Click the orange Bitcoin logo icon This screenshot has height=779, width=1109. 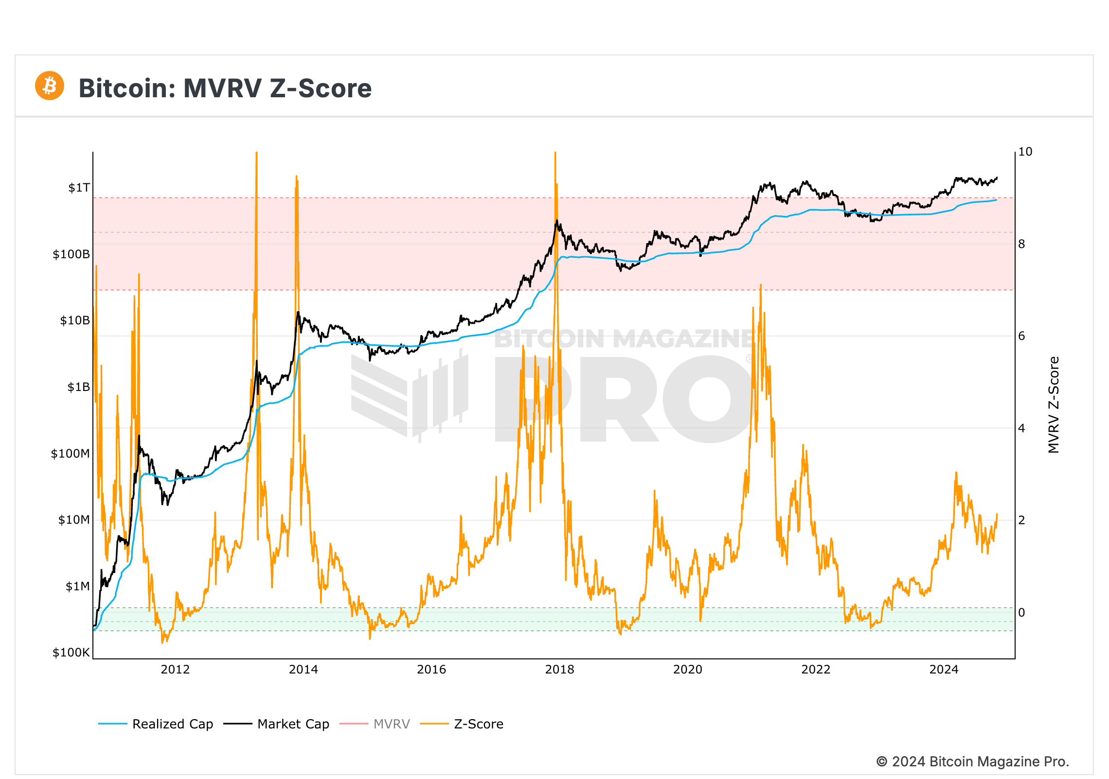(50, 86)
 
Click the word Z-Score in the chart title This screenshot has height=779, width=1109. (321, 89)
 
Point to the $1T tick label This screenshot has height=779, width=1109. (79, 188)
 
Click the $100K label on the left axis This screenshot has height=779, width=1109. (71, 653)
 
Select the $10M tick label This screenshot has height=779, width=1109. (74, 520)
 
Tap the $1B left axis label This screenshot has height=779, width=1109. (78, 387)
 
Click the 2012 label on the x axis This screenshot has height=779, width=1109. (175, 670)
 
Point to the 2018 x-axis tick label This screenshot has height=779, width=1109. (559, 670)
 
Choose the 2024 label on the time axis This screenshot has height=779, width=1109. (944, 670)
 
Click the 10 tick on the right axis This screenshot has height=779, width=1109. (1025, 152)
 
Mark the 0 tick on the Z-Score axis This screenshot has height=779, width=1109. (1021, 613)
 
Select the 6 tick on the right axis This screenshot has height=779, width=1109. (1021, 336)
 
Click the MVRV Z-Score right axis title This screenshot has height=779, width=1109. (1054, 405)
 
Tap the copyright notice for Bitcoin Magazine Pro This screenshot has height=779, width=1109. (972, 761)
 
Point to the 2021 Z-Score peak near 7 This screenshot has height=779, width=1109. (760, 286)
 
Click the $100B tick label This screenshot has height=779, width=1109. (71, 254)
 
